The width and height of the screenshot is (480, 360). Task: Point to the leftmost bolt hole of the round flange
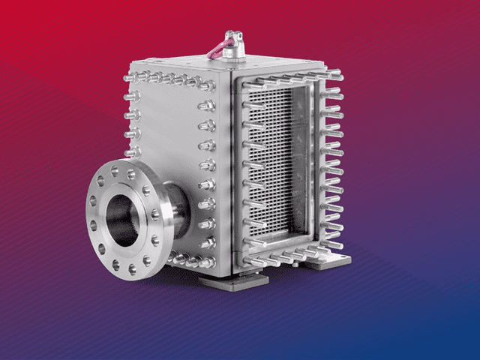coord(93,201)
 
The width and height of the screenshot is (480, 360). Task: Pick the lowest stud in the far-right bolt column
coord(334,244)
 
